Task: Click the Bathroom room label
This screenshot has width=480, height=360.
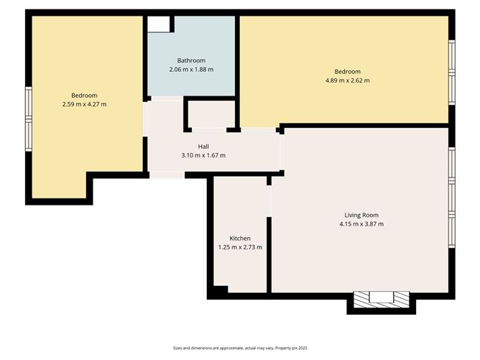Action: pos(191,60)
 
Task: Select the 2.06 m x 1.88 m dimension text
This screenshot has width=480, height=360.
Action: pos(191,70)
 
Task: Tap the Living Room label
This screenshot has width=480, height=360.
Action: pos(361,215)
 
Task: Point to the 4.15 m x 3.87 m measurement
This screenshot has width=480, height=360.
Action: pos(361,224)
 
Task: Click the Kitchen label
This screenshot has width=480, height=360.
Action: pos(240,238)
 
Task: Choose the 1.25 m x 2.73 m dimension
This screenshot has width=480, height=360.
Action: pos(240,247)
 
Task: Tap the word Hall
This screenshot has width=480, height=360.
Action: pos(204,146)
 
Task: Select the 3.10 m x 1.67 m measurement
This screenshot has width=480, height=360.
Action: pos(204,155)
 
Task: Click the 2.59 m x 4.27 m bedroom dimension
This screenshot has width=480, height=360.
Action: pos(84,105)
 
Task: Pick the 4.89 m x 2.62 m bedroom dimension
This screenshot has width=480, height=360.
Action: pos(347,80)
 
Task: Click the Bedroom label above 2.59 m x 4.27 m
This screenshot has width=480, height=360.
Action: pos(84,96)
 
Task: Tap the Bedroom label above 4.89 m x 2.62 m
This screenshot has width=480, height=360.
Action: pos(347,71)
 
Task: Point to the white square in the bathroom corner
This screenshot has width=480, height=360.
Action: pos(158,24)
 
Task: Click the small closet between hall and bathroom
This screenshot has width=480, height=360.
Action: pos(211,114)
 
